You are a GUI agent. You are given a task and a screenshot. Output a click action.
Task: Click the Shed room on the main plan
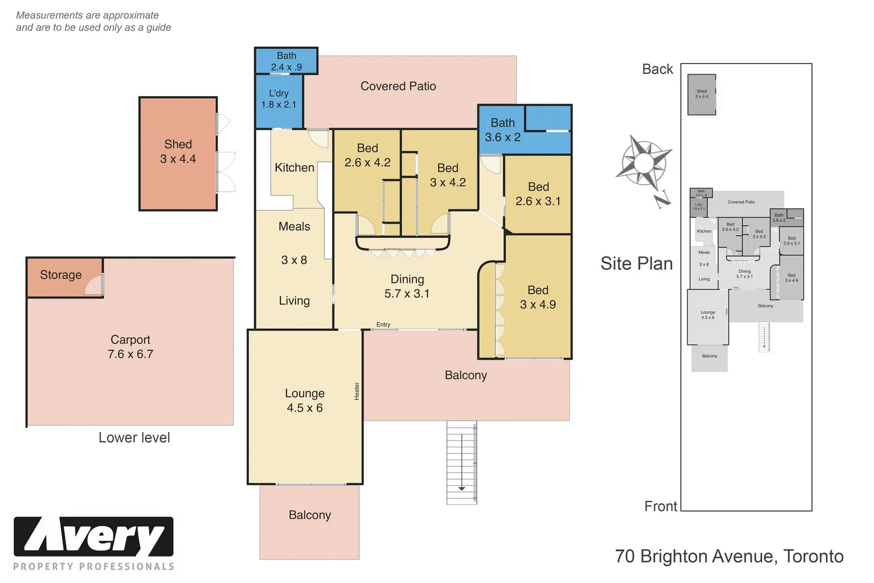click(x=178, y=152)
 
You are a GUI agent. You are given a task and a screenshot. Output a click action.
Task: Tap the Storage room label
click(x=61, y=275)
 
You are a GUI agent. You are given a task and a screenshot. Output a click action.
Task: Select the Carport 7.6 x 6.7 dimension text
click(x=131, y=354)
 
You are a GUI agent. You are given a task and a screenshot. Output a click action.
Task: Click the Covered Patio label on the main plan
click(x=398, y=86)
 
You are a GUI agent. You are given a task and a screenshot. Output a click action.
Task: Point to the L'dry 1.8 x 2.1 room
click(x=278, y=99)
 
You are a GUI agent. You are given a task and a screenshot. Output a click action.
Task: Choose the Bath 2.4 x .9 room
click(x=286, y=62)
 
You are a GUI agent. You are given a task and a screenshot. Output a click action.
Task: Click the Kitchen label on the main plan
click(x=294, y=168)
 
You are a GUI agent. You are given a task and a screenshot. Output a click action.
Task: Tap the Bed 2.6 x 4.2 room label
click(x=367, y=155)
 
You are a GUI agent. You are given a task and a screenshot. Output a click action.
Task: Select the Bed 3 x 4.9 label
click(x=538, y=297)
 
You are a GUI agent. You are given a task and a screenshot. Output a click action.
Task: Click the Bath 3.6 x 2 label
click(x=503, y=130)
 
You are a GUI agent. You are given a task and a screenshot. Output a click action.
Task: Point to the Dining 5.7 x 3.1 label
click(x=407, y=287)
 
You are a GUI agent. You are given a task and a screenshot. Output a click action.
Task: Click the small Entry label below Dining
click(x=383, y=324)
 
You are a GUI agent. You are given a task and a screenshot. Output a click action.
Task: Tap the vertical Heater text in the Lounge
click(x=357, y=391)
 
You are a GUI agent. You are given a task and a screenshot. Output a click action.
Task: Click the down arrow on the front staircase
click(x=462, y=489)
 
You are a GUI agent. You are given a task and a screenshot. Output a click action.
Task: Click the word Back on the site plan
click(x=658, y=69)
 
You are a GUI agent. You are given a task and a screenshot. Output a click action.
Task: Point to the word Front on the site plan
click(x=660, y=506)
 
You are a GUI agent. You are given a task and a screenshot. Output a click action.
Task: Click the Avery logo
click(x=93, y=537)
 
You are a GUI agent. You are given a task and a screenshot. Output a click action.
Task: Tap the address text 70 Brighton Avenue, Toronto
click(x=729, y=557)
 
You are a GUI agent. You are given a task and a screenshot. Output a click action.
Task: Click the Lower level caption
click(x=134, y=438)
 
